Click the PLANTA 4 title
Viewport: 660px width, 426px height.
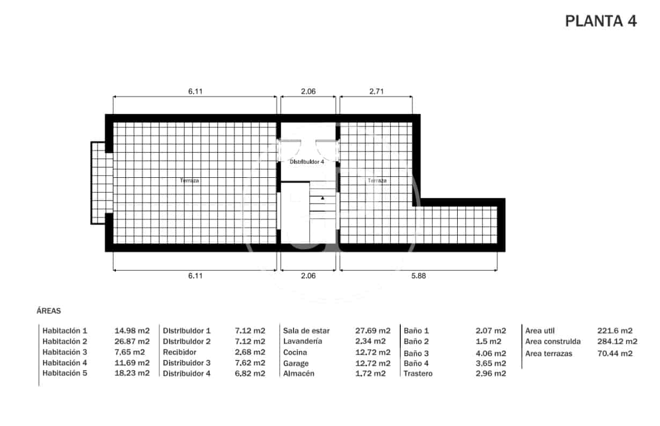[x=601, y=21]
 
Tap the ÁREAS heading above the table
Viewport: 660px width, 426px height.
[x=48, y=311]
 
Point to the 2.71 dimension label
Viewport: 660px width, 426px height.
[x=376, y=91]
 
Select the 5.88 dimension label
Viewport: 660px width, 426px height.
[x=419, y=276]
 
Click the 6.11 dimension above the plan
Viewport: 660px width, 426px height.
[x=195, y=91]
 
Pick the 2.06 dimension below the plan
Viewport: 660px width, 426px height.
[x=308, y=276]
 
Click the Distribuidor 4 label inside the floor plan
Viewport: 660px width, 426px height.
[x=307, y=162]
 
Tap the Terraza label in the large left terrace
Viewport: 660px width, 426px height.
[x=189, y=180]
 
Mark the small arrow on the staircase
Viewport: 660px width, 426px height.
[x=322, y=198]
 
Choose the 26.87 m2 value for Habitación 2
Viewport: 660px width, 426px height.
[x=132, y=341]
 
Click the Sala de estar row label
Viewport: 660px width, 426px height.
[x=306, y=330]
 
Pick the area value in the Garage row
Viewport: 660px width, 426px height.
[x=373, y=363]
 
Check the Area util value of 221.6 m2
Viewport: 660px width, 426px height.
[x=615, y=330]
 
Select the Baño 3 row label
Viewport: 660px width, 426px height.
[x=416, y=353]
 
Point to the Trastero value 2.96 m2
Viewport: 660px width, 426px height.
[x=490, y=373]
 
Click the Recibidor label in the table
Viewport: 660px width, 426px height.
[x=180, y=352]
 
